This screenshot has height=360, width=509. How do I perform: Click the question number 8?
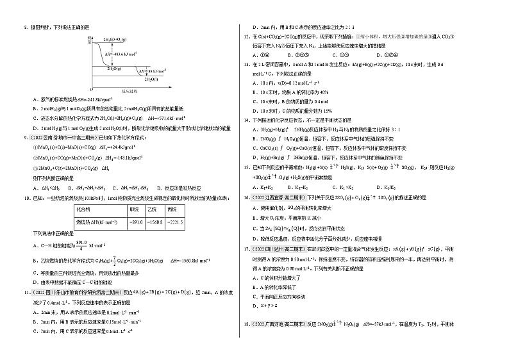pos(24,27)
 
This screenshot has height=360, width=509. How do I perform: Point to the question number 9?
pos(24,137)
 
